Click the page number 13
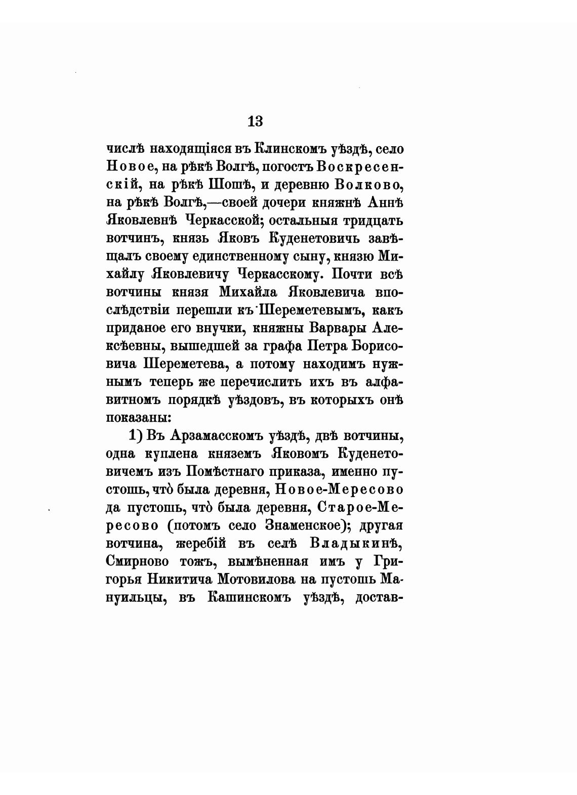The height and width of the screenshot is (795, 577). pyautogui.click(x=255, y=121)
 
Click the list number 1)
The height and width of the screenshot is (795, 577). pyautogui.click(x=137, y=435)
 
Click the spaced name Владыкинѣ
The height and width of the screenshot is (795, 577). pyautogui.click(x=356, y=543)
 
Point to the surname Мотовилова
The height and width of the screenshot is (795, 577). pyautogui.click(x=260, y=579)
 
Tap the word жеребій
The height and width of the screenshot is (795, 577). pyautogui.click(x=201, y=543)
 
